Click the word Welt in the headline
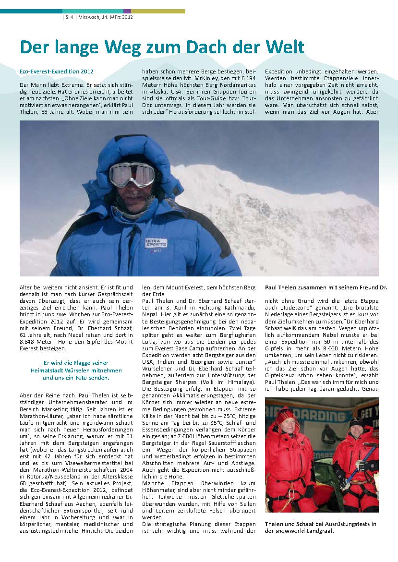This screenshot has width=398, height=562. (x=284, y=47)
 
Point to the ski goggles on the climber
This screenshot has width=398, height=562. (x=132, y=175)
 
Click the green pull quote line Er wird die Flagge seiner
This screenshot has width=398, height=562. (x=76, y=363)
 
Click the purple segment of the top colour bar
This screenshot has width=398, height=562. (x=127, y=11)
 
